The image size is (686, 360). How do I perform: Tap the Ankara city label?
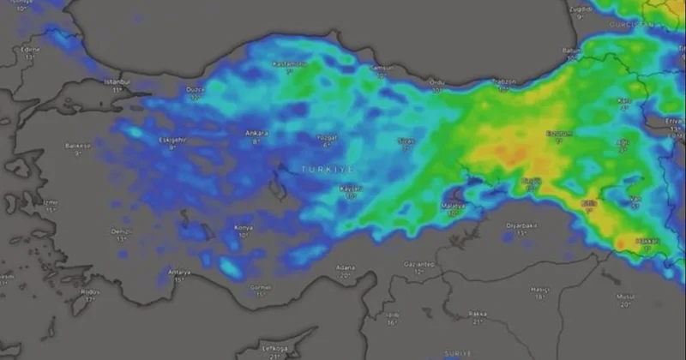coord(256,133)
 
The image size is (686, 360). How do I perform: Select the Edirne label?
coord(31,50)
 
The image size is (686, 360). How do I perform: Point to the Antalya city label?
coord(179,273)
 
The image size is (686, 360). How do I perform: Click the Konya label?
coord(244,227)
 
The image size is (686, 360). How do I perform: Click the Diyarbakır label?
coord(521,225)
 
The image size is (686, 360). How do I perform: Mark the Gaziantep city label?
coord(418,264)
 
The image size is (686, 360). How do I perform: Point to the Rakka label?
coord(478,315)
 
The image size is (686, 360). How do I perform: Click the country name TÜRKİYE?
coord(328,170)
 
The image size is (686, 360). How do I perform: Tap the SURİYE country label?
coord(459,353)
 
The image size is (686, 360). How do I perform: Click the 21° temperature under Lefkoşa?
coord(274,356)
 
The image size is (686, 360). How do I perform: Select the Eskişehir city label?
coord(171,140)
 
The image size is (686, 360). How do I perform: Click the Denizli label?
coord(122,231)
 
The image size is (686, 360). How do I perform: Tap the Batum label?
coord(572,51)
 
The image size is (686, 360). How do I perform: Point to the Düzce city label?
coord(196,90)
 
